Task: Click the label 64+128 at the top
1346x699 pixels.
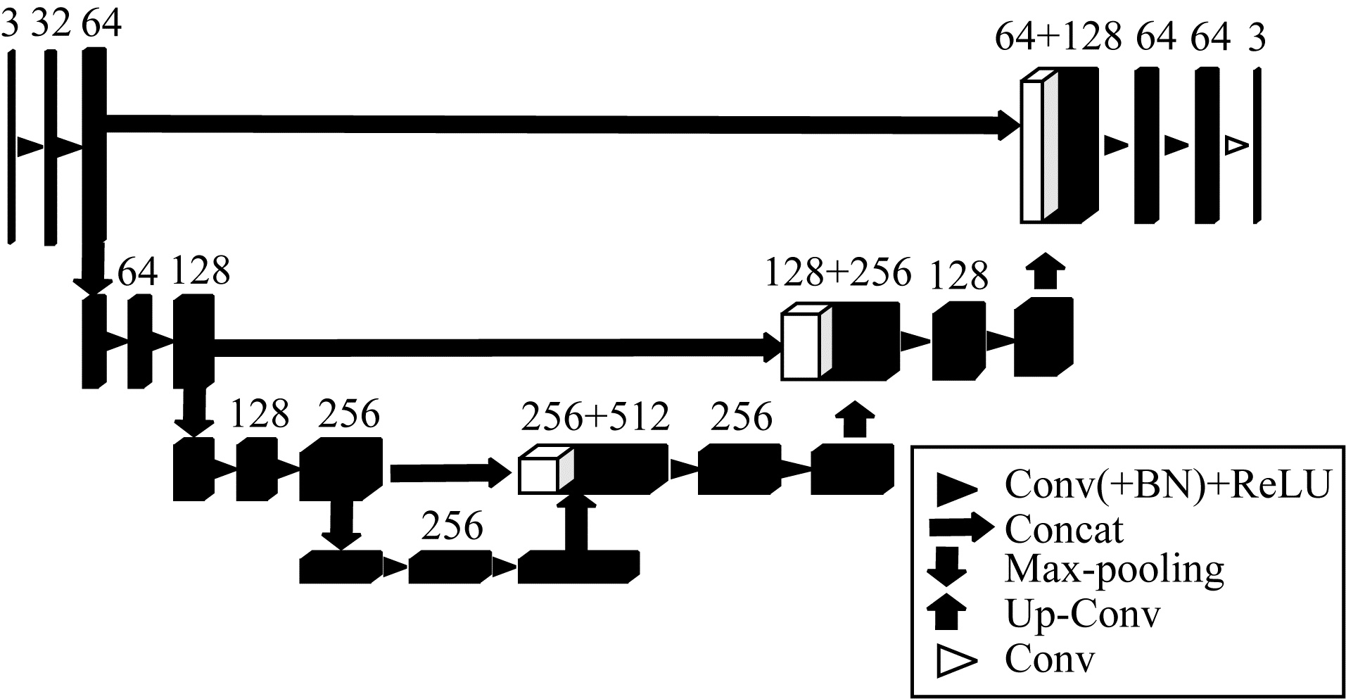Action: [1057, 37]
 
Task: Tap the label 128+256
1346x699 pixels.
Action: [838, 272]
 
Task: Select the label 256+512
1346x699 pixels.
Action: [595, 417]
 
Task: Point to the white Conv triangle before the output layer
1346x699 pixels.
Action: [1236, 145]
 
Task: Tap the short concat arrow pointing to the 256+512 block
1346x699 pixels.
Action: [450, 472]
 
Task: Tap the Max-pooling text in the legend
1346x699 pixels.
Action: [1115, 569]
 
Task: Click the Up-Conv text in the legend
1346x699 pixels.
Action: [1081, 615]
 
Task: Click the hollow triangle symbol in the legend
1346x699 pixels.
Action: [955, 662]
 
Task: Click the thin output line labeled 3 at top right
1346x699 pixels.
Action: [1257, 146]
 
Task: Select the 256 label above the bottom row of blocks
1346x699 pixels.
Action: [452, 526]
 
